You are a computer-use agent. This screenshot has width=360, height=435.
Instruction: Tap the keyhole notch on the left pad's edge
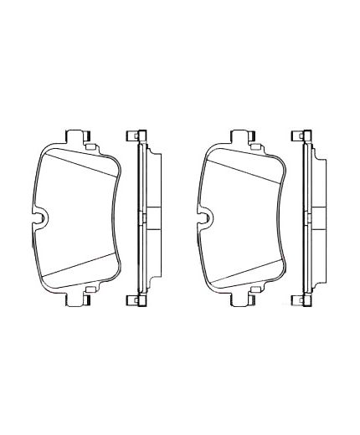click(x=39, y=219)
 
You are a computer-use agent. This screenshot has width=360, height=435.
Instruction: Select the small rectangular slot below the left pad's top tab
click(x=87, y=146)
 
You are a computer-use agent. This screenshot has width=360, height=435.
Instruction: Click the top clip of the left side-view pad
click(x=134, y=136)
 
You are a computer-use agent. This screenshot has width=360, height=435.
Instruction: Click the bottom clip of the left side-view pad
click(x=134, y=299)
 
